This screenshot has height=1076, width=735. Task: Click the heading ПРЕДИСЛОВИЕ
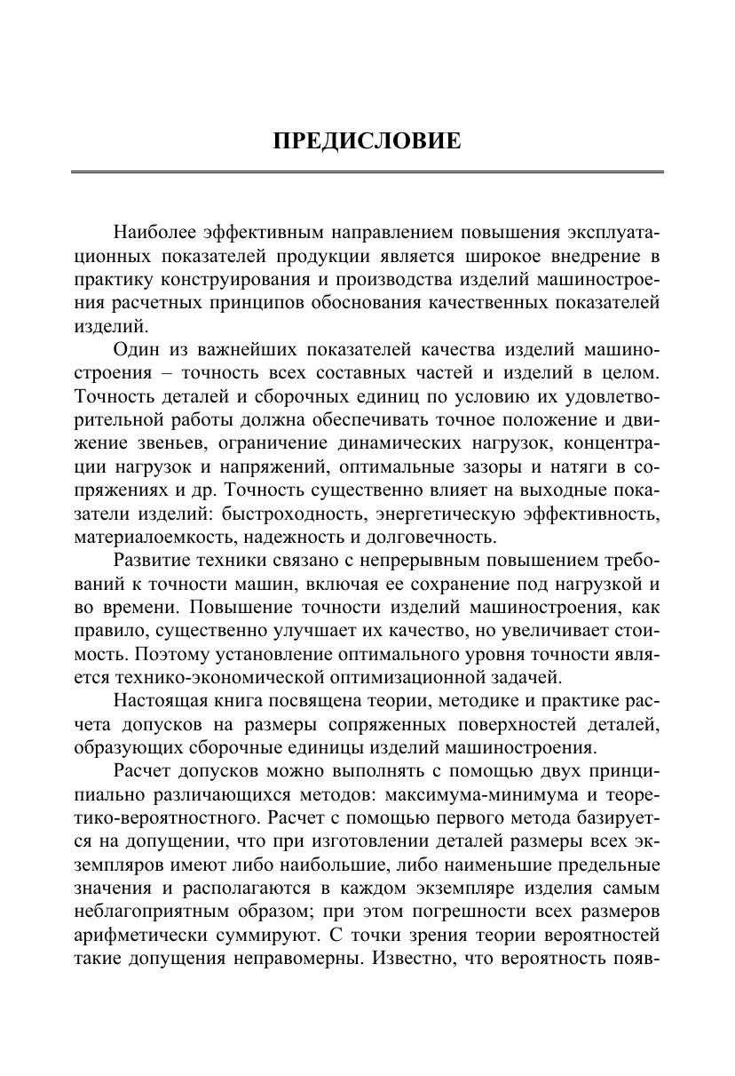pos(367,141)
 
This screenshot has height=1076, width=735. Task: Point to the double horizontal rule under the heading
pos(367,171)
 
